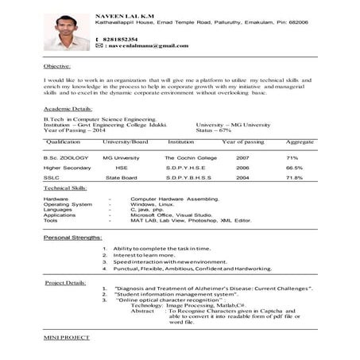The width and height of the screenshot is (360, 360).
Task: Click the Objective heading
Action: (x=57, y=67)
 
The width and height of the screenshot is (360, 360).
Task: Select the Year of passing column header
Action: (x=243, y=141)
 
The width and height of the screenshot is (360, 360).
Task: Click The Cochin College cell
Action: (x=185, y=158)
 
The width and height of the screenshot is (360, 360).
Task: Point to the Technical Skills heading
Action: (x=65, y=188)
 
